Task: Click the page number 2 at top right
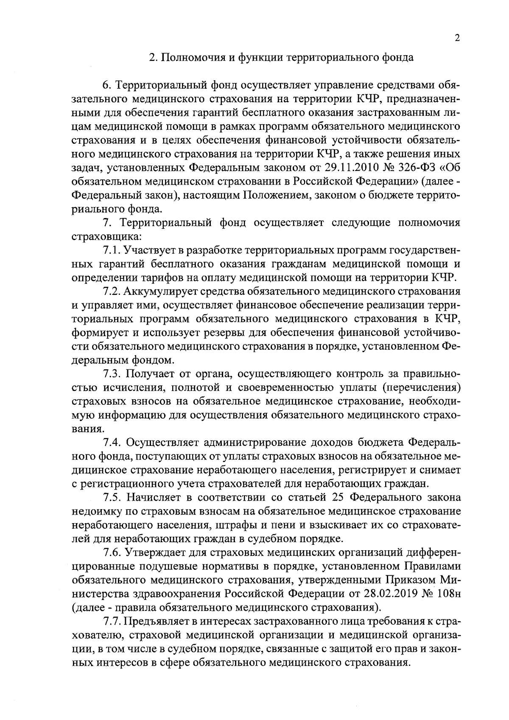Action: coord(456,38)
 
